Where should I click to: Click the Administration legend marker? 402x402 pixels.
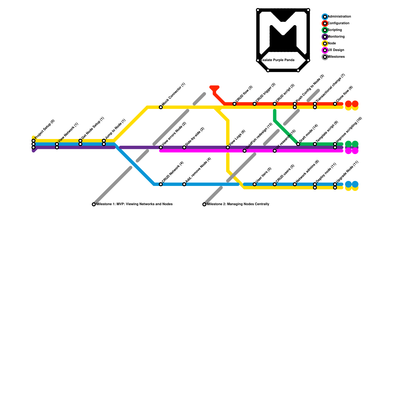tap(325, 17)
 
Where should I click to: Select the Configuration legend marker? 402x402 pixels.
tap(325, 23)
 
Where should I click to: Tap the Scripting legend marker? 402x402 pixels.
tap(325, 30)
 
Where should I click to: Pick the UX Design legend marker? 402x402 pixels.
tap(325, 50)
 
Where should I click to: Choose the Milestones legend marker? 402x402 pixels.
tap(325, 57)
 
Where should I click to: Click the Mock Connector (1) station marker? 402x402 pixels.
tap(161, 107)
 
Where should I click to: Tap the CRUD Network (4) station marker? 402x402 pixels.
tap(161, 184)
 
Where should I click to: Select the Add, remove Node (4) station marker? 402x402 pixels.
tap(184, 184)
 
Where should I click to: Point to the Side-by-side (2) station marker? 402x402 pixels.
tap(184, 147)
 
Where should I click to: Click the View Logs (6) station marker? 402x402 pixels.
tap(228, 147)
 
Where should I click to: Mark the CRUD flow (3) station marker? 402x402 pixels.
tap(234, 104)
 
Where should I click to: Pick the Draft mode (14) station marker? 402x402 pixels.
tap(298, 144)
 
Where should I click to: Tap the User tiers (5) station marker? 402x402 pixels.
tap(255, 184)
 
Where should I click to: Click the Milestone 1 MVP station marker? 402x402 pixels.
tap(94, 205)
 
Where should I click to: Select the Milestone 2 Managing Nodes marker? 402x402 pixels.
tap(204, 205)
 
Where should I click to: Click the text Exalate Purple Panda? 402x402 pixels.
tap(278, 60)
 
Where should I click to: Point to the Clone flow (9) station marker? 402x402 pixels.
tap(335, 104)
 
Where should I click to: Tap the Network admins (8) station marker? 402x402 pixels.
tap(295, 184)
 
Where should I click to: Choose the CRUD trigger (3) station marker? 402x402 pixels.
tap(255, 104)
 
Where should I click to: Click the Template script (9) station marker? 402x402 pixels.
tap(315, 144)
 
